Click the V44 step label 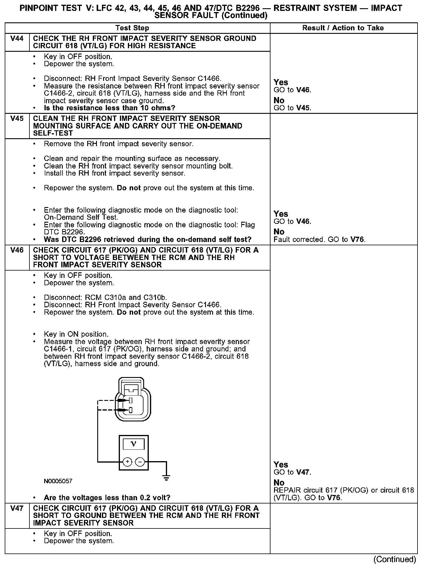[x=17, y=39]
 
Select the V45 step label [x=17, y=119]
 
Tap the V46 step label [x=17, y=250]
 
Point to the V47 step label [x=17, y=508]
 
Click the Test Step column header [x=132, y=28]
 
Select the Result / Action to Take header [x=343, y=28]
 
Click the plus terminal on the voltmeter [x=127, y=462]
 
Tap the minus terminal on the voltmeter [x=140, y=462]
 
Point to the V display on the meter [x=133, y=444]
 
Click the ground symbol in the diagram [x=166, y=478]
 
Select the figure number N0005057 [x=58, y=481]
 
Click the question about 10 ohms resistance [x=109, y=108]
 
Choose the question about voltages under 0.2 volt [x=107, y=498]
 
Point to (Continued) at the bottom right [x=395, y=559]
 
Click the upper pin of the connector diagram [x=130, y=400]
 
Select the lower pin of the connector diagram [x=130, y=410]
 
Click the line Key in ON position [x=76, y=334]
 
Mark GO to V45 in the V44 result [x=292, y=108]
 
